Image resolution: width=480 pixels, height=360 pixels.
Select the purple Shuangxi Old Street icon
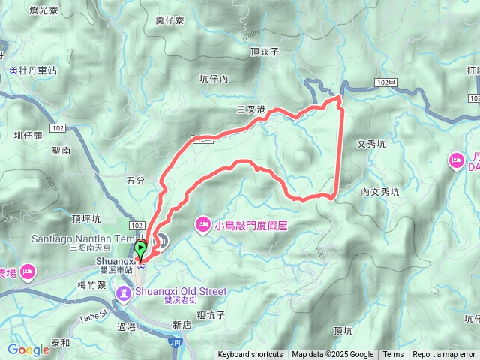point(123,290)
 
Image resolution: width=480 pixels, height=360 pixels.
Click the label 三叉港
point(251,109)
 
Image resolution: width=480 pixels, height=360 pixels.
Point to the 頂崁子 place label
point(265,52)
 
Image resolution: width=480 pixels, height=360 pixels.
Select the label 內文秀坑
point(380,192)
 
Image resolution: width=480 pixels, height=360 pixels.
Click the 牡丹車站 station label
point(37,70)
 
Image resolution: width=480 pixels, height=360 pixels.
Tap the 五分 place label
point(135,181)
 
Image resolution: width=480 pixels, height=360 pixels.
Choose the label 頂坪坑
point(85,219)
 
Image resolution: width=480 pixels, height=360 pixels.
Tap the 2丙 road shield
point(175,342)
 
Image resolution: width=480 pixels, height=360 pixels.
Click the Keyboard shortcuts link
point(250,355)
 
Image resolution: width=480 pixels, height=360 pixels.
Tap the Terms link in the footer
point(393,355)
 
